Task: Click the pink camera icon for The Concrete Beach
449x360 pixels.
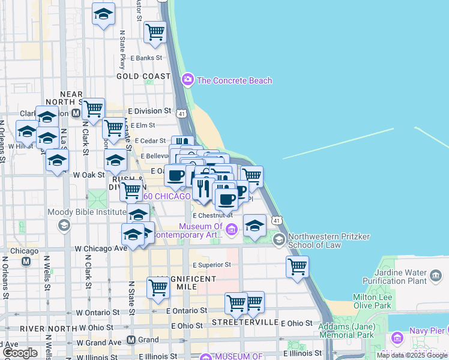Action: pos(188,80)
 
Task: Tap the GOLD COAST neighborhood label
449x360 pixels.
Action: pos(143,76)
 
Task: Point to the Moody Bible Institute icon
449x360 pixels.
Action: pos(63,225)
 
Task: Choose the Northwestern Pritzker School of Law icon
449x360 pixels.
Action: pos(279,240)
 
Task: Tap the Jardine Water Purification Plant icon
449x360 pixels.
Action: pos(436,277)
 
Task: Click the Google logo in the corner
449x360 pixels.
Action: pos(20,353)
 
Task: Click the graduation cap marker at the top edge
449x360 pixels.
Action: pos(103,13)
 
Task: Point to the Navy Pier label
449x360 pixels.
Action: pos(426,331)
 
